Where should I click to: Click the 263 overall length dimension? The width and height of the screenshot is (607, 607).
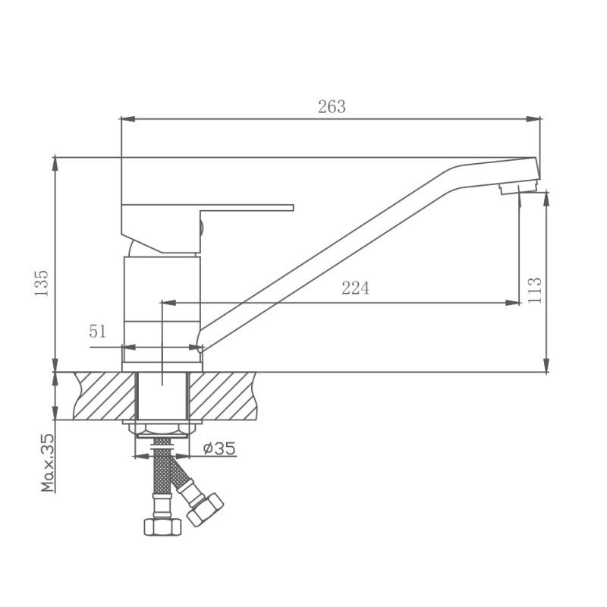(332, 107)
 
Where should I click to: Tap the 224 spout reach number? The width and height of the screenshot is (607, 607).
(355, 288)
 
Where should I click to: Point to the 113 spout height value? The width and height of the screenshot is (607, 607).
(534, 290)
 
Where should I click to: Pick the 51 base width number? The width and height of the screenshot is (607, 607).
(98, 331)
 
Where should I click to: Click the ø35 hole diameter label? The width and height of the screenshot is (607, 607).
(219, 449)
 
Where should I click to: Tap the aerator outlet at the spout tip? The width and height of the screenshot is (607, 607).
(517, 187)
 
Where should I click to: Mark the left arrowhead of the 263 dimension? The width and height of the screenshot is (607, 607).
(127, 118)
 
